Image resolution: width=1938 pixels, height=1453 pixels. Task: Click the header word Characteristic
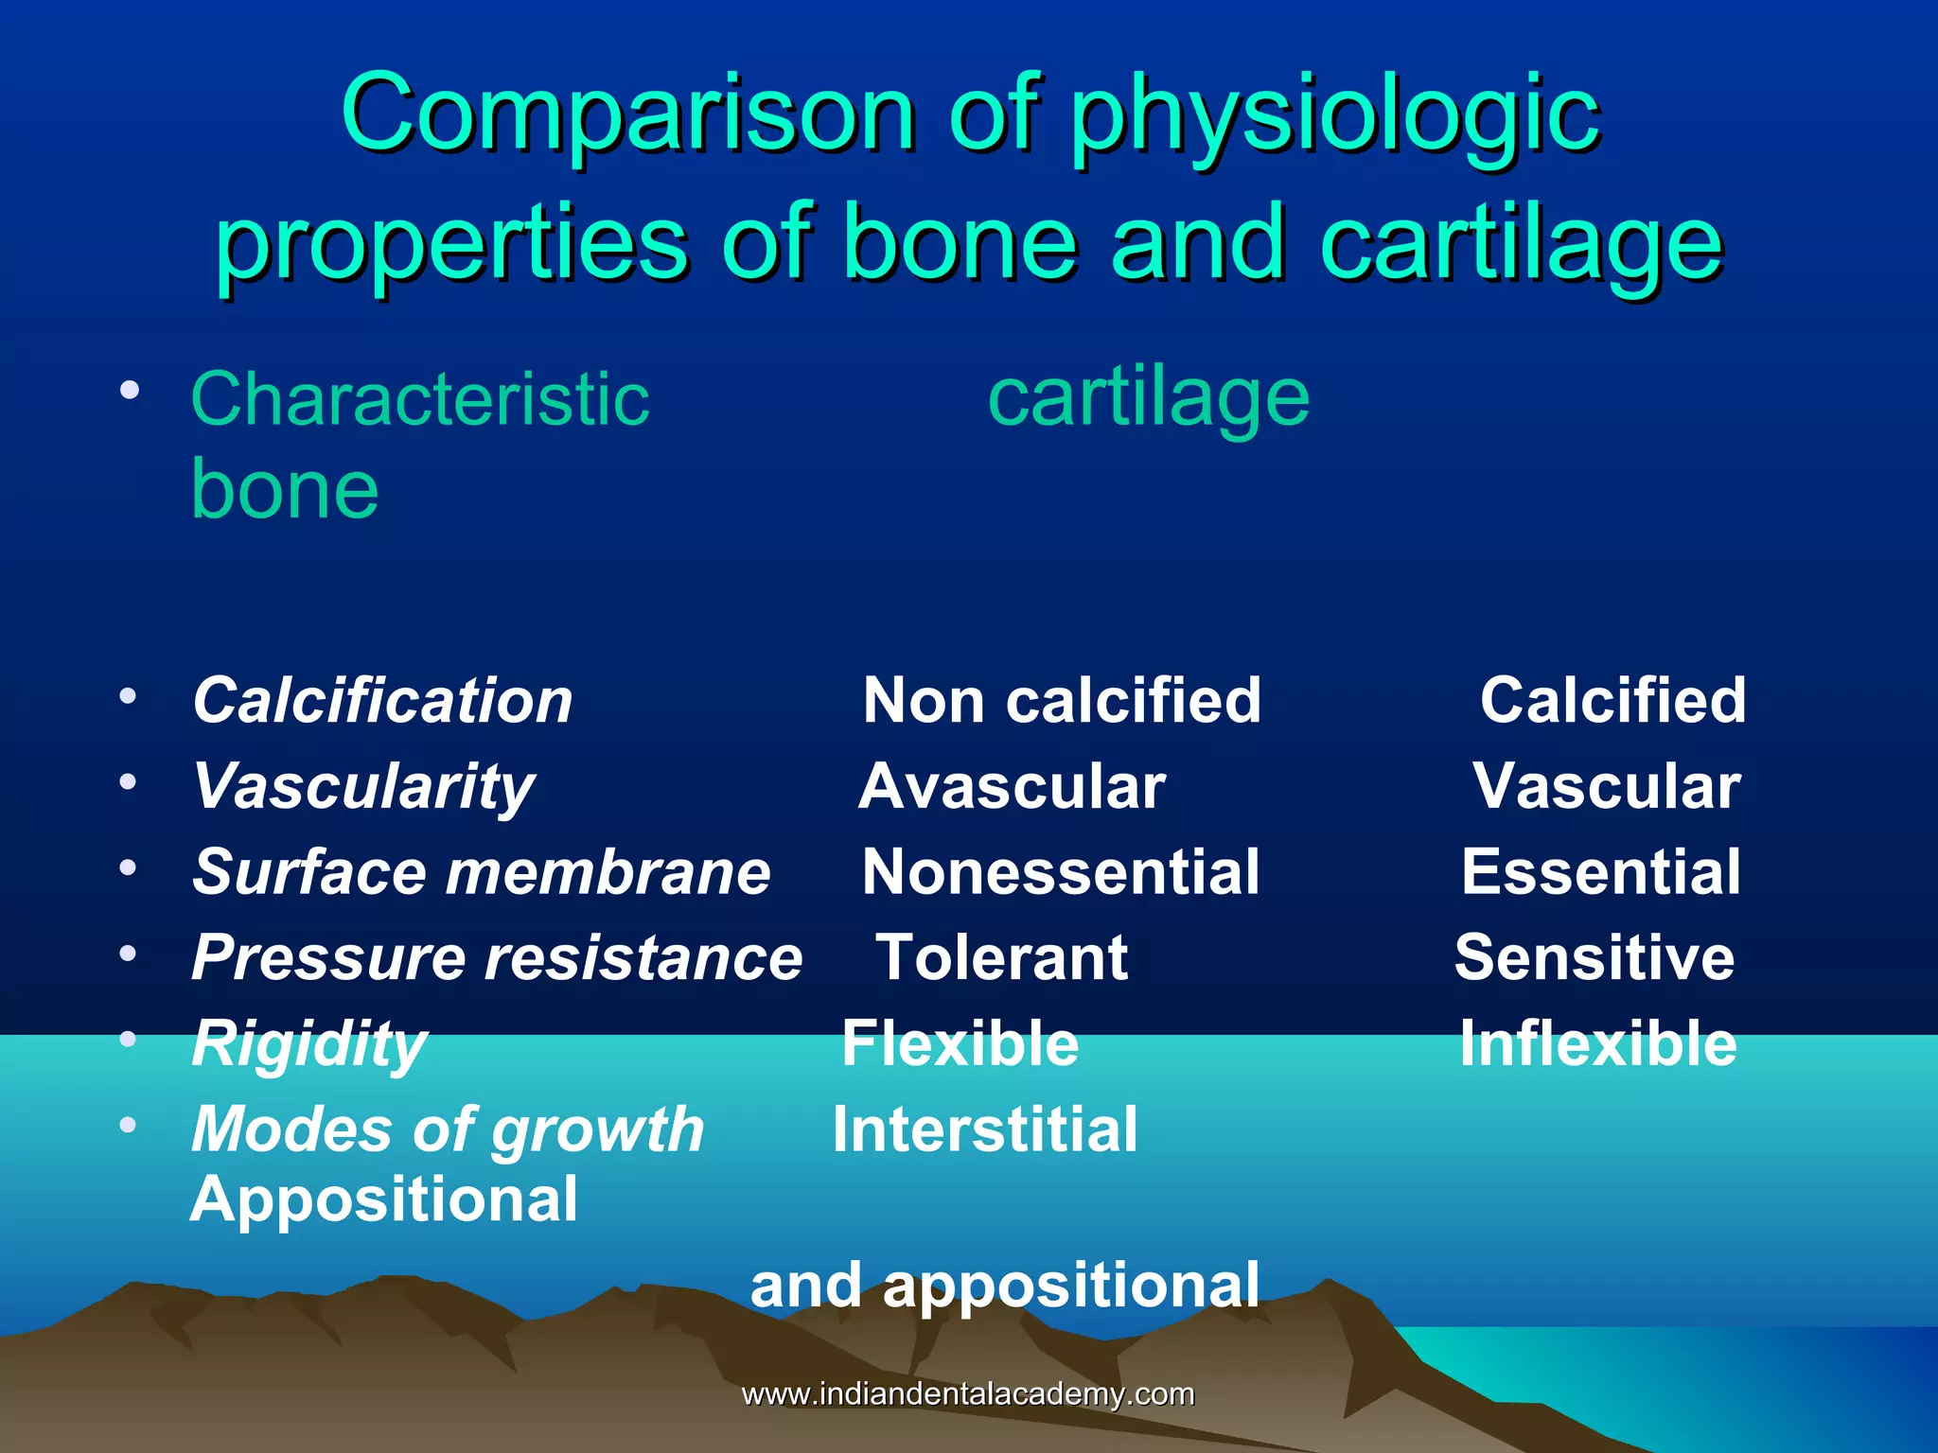(420, 399)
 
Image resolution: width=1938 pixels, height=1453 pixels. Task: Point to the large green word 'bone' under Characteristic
(285, 490)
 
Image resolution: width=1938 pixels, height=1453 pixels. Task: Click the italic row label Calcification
(382, 701)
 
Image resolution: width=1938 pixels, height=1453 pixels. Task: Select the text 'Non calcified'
(1062, 701)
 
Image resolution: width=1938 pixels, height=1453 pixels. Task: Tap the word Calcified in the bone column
(1612, 701)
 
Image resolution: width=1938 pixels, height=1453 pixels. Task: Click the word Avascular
(1012, 787)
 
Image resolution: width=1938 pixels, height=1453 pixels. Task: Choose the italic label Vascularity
(363, 788)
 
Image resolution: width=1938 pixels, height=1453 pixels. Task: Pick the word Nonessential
(1061, 872)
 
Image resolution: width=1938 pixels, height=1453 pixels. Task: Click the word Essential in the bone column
(1600, 872)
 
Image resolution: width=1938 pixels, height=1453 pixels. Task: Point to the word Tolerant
(1001, 958)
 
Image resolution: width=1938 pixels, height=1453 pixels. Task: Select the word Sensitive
(1594, 958)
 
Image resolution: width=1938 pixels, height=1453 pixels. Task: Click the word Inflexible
(1597, 1044)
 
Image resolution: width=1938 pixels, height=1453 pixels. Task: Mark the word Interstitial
(985, 1130)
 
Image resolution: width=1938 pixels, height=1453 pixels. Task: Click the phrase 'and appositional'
(1005, 1286)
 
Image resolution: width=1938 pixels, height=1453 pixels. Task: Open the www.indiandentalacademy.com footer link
(967, 1394)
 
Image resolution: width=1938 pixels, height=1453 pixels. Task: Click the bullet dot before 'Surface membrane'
(129, 867)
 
